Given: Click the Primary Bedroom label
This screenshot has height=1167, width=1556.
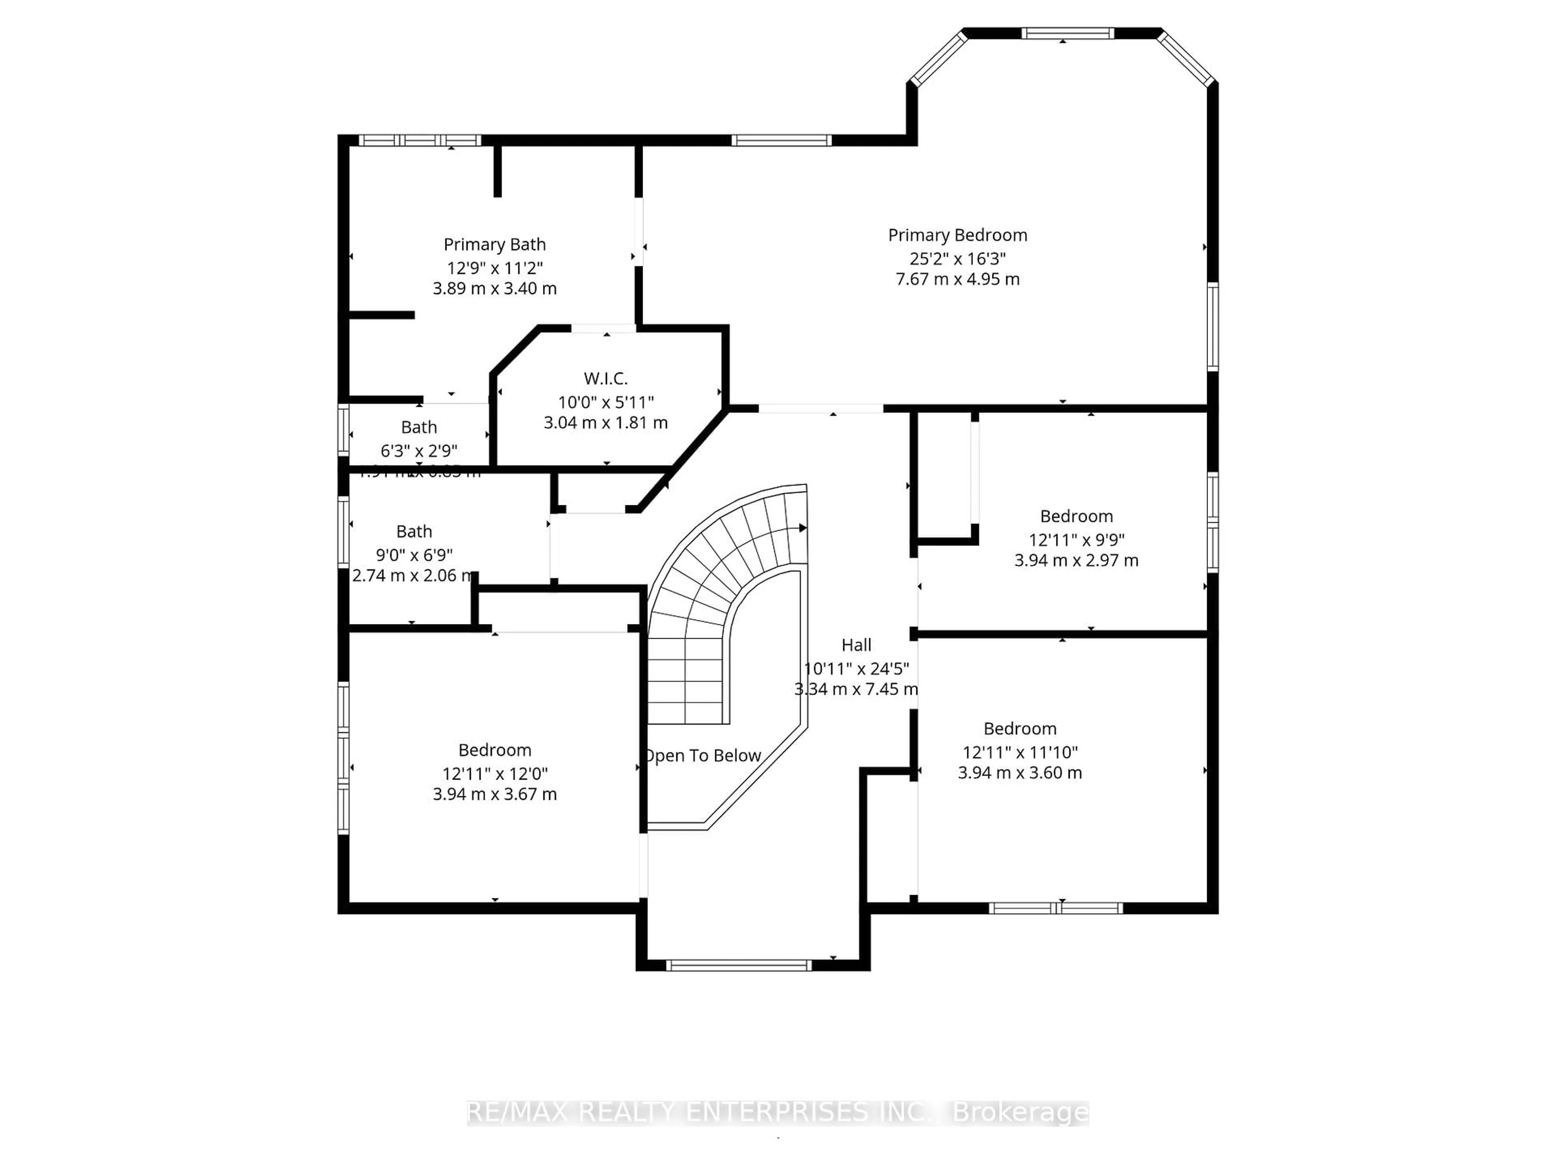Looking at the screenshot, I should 958,235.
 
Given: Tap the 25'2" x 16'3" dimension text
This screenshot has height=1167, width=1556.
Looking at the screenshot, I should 958,258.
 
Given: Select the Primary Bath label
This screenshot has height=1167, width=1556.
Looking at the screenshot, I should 494,244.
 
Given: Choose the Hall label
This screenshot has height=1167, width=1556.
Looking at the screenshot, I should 856,645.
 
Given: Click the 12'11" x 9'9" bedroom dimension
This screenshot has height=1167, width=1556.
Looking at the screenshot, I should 1076,540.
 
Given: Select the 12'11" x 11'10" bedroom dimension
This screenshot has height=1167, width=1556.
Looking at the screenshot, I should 1020,752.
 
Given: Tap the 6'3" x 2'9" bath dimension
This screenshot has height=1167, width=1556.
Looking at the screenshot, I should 419,450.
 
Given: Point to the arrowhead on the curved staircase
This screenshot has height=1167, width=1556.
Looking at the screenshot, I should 803,528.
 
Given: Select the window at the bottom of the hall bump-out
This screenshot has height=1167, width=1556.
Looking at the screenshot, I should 739,965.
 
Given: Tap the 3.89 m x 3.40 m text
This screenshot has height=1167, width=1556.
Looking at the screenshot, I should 494,289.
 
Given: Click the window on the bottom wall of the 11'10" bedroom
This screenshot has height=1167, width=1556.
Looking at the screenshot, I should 1055,908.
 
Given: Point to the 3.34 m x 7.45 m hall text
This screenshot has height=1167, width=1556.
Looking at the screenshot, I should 856,689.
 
